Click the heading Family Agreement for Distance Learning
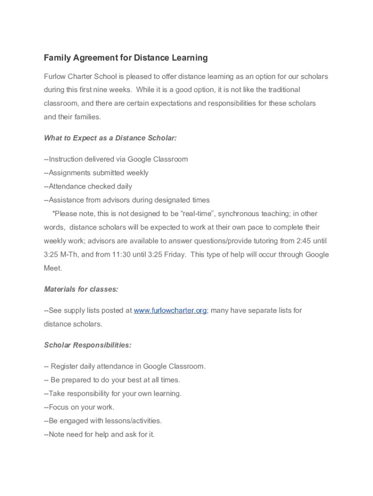125,58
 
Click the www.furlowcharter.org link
170,310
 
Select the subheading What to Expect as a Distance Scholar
110,138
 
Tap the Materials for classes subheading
81,289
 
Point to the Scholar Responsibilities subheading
88,345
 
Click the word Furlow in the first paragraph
54,77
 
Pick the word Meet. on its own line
53,268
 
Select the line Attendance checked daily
88,186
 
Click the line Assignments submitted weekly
96,173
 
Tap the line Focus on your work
79,407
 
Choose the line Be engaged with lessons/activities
103,421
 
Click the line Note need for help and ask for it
99,434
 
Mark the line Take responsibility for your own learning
113,394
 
